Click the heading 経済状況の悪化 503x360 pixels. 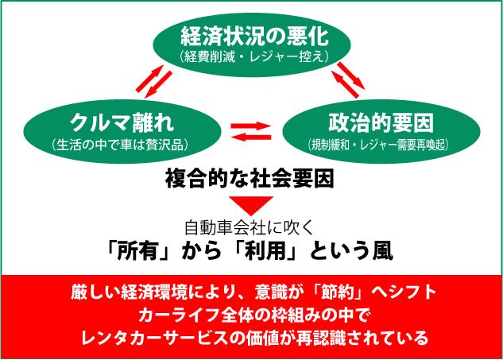point(253,36)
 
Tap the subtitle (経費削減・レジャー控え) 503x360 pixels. point(253,56)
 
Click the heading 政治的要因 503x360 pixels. point(371,122)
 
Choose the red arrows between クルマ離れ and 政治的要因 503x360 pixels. point(250,130)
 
